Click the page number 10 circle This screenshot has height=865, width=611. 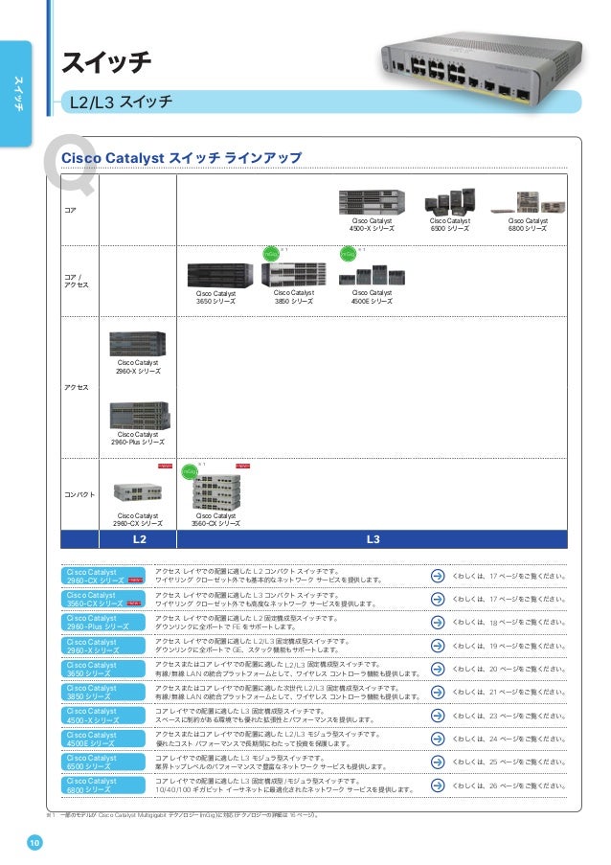pos(34,842)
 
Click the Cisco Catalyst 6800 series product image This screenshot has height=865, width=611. pos(528,201)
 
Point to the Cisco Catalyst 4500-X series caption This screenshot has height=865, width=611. pos(372,225)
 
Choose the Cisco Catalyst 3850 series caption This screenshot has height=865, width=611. pos(295,297)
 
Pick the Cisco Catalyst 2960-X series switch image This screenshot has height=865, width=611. pos(138,344)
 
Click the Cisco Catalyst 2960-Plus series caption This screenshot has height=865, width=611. pos(138,439)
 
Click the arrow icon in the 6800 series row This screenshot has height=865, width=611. pos(437,785)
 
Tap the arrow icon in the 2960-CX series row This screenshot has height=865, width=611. pos(437,576)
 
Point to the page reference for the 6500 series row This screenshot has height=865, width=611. pos(509,762)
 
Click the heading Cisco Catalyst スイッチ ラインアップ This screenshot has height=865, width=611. pos(181,157)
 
